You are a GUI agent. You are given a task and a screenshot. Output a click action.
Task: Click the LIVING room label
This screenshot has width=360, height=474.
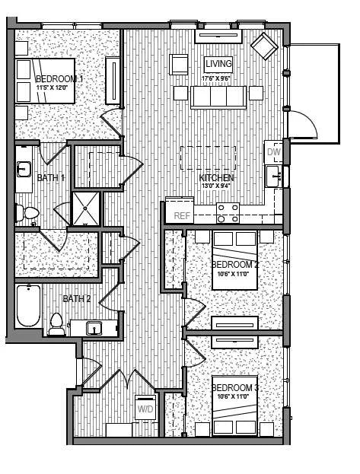[x=218, y=64]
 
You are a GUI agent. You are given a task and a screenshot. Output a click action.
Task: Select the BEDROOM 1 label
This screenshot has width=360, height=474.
[x=59, y=78]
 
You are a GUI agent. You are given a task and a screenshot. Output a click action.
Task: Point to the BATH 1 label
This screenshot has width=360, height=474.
[x=51, y=178]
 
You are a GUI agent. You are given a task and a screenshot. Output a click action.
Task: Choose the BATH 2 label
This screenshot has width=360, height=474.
[x=76, y=298]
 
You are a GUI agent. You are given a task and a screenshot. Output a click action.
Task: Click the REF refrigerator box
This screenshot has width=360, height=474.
[x=181, y=215]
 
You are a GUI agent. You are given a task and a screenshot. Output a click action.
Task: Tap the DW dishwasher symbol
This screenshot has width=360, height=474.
[x=274, y=152]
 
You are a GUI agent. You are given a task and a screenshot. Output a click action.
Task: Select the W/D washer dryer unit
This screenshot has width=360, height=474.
[x=145, y=409]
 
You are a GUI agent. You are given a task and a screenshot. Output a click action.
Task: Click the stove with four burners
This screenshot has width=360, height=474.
[x=228, y=212]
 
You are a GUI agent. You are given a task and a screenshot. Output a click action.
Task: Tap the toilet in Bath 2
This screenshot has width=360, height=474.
[x=56, y=324]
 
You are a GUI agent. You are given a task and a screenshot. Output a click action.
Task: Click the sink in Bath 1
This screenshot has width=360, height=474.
[x=24, y=168]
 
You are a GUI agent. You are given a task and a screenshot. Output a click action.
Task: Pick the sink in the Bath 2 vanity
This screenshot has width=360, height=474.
[x=94, y=329]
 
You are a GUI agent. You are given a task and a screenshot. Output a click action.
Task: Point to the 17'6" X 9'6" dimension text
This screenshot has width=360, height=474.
[x=218, y=78]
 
